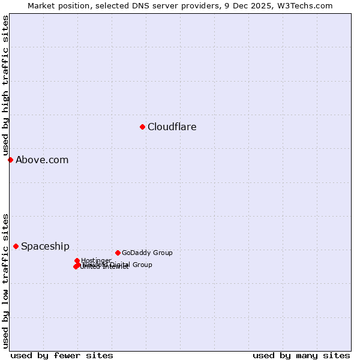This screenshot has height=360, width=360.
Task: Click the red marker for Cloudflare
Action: point(142,127)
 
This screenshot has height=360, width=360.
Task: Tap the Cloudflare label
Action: point(172,127)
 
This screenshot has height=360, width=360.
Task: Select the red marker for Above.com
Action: point(10,160)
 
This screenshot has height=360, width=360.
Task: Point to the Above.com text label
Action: point(42,160)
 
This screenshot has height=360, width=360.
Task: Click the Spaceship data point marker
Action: point(16,246)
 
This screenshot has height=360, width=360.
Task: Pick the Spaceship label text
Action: point(45,246)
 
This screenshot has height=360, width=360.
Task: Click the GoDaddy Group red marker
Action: point(118,253)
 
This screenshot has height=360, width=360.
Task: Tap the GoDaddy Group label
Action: point(147,253)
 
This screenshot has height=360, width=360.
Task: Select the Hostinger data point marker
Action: point(77,260)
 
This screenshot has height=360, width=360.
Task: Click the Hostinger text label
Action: point(96,260)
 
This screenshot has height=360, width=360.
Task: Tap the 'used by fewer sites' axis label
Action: point(62,355)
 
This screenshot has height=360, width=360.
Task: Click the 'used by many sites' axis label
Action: point(301,355)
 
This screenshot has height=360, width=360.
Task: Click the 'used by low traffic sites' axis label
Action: point(5,280)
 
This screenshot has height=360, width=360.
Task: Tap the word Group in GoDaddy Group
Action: point(162,253)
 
